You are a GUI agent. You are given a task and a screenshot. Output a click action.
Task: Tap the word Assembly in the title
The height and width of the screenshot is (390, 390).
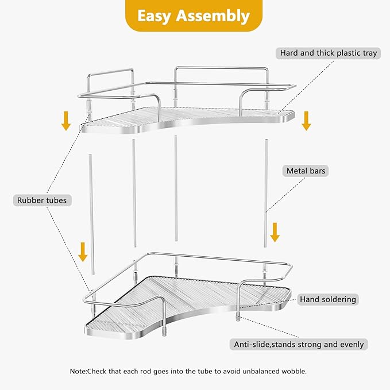[216, 16]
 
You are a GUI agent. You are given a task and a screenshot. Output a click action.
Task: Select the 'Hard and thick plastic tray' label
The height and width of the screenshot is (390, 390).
[329, 53]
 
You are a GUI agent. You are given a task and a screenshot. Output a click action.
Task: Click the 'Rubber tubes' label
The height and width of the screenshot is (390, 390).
[42, 200]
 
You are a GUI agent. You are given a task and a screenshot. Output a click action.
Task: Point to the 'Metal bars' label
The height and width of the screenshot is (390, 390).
[307, 171]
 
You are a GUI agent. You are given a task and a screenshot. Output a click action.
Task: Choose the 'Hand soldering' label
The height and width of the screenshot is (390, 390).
[328, 299]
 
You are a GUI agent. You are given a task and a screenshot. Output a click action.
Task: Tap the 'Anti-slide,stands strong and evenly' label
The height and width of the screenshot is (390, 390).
[299, 345]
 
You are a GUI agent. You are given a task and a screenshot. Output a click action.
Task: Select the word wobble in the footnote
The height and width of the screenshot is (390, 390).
[293, 371]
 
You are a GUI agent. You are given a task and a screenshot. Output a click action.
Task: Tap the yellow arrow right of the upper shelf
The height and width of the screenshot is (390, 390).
[306, 121]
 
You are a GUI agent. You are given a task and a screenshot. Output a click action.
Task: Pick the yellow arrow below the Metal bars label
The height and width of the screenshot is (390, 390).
[275, 232]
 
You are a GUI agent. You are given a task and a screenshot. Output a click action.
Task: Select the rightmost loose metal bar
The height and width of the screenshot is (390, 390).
[266, 193]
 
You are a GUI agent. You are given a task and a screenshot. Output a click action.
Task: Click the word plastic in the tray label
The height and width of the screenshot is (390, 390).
[346, 53]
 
